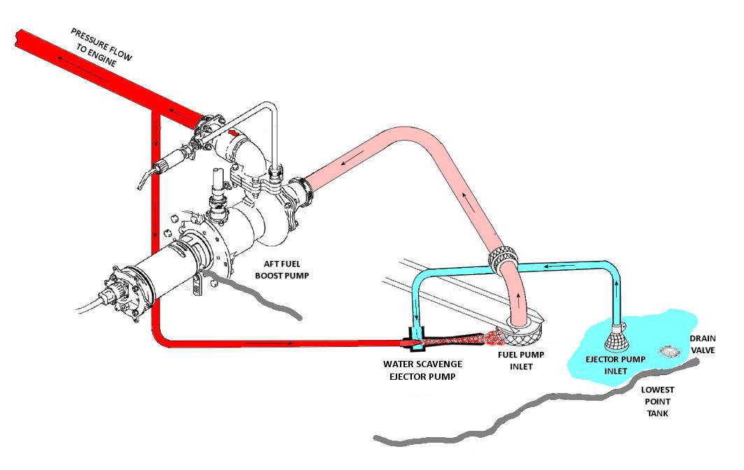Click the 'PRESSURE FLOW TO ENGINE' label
coord(101,48)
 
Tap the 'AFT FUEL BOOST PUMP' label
coord(282,270)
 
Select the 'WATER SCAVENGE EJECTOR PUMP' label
coord(422,370)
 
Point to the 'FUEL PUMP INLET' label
coord(521,360)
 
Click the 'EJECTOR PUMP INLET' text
coord(615,365)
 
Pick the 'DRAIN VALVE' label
coord(703,344)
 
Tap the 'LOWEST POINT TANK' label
coord(657,401)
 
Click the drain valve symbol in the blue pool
coord(668,351)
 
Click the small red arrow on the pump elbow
coord(233,134)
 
